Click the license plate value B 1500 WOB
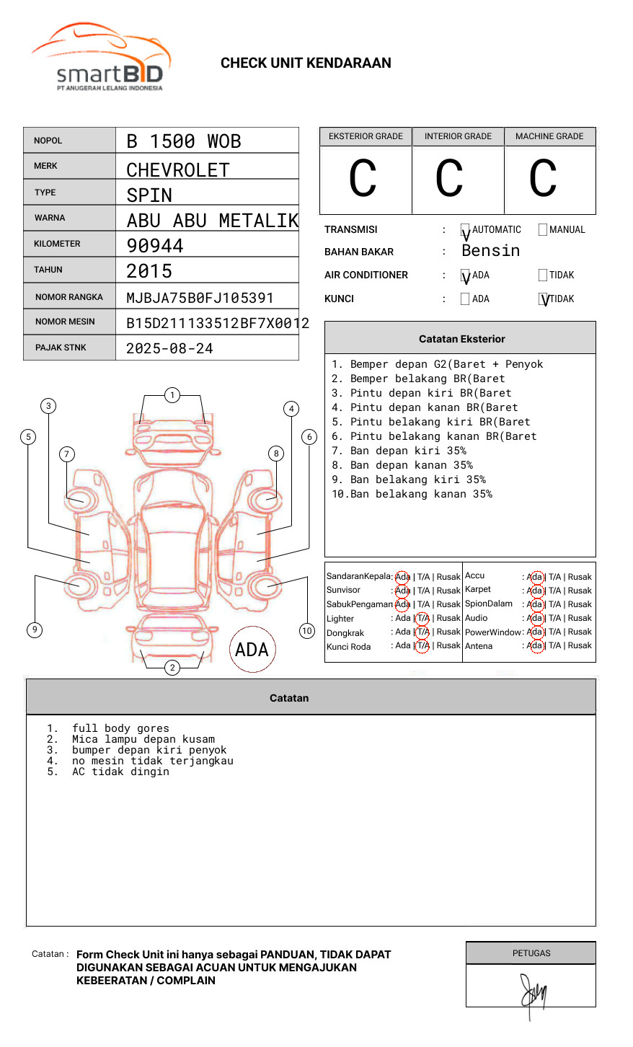click(184, 141)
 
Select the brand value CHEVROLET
click(178, 170)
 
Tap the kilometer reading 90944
click(155, 246)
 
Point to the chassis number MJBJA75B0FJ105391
click(200, 298)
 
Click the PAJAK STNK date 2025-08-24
click(169, 348)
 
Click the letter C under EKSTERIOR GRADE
click(363, 179)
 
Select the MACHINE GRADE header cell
click(549, 136)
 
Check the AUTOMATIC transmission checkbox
click(466, 230)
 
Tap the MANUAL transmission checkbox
click(543, 230)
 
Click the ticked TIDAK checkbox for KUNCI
click(544, 299)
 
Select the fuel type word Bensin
click(490, 251)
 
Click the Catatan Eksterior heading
click(461, 339)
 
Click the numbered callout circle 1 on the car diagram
click(172, 395)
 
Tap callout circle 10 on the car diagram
click(307, 631)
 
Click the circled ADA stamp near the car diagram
click(252, 650)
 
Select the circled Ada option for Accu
click(535, 577)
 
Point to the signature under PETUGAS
click(533, 994)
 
